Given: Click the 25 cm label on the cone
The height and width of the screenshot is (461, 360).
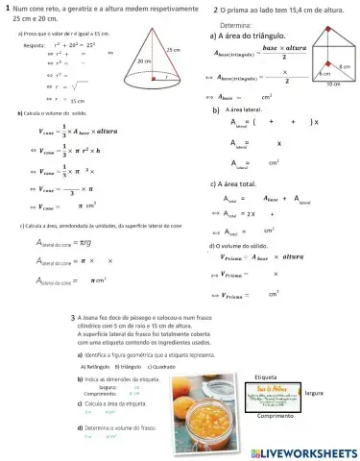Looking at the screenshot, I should click(x=174, y=50).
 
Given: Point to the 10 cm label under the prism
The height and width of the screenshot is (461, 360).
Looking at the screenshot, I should click(x=331, y=85).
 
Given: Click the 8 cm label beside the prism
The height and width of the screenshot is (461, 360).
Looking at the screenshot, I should click(x=346, y=65).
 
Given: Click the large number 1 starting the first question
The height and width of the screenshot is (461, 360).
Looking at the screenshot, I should click(x=8, y=9).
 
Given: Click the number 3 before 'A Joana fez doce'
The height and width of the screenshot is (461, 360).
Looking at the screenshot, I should click(x=73, y=316).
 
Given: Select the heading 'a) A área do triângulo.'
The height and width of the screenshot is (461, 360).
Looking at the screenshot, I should click(x=246, y=35).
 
